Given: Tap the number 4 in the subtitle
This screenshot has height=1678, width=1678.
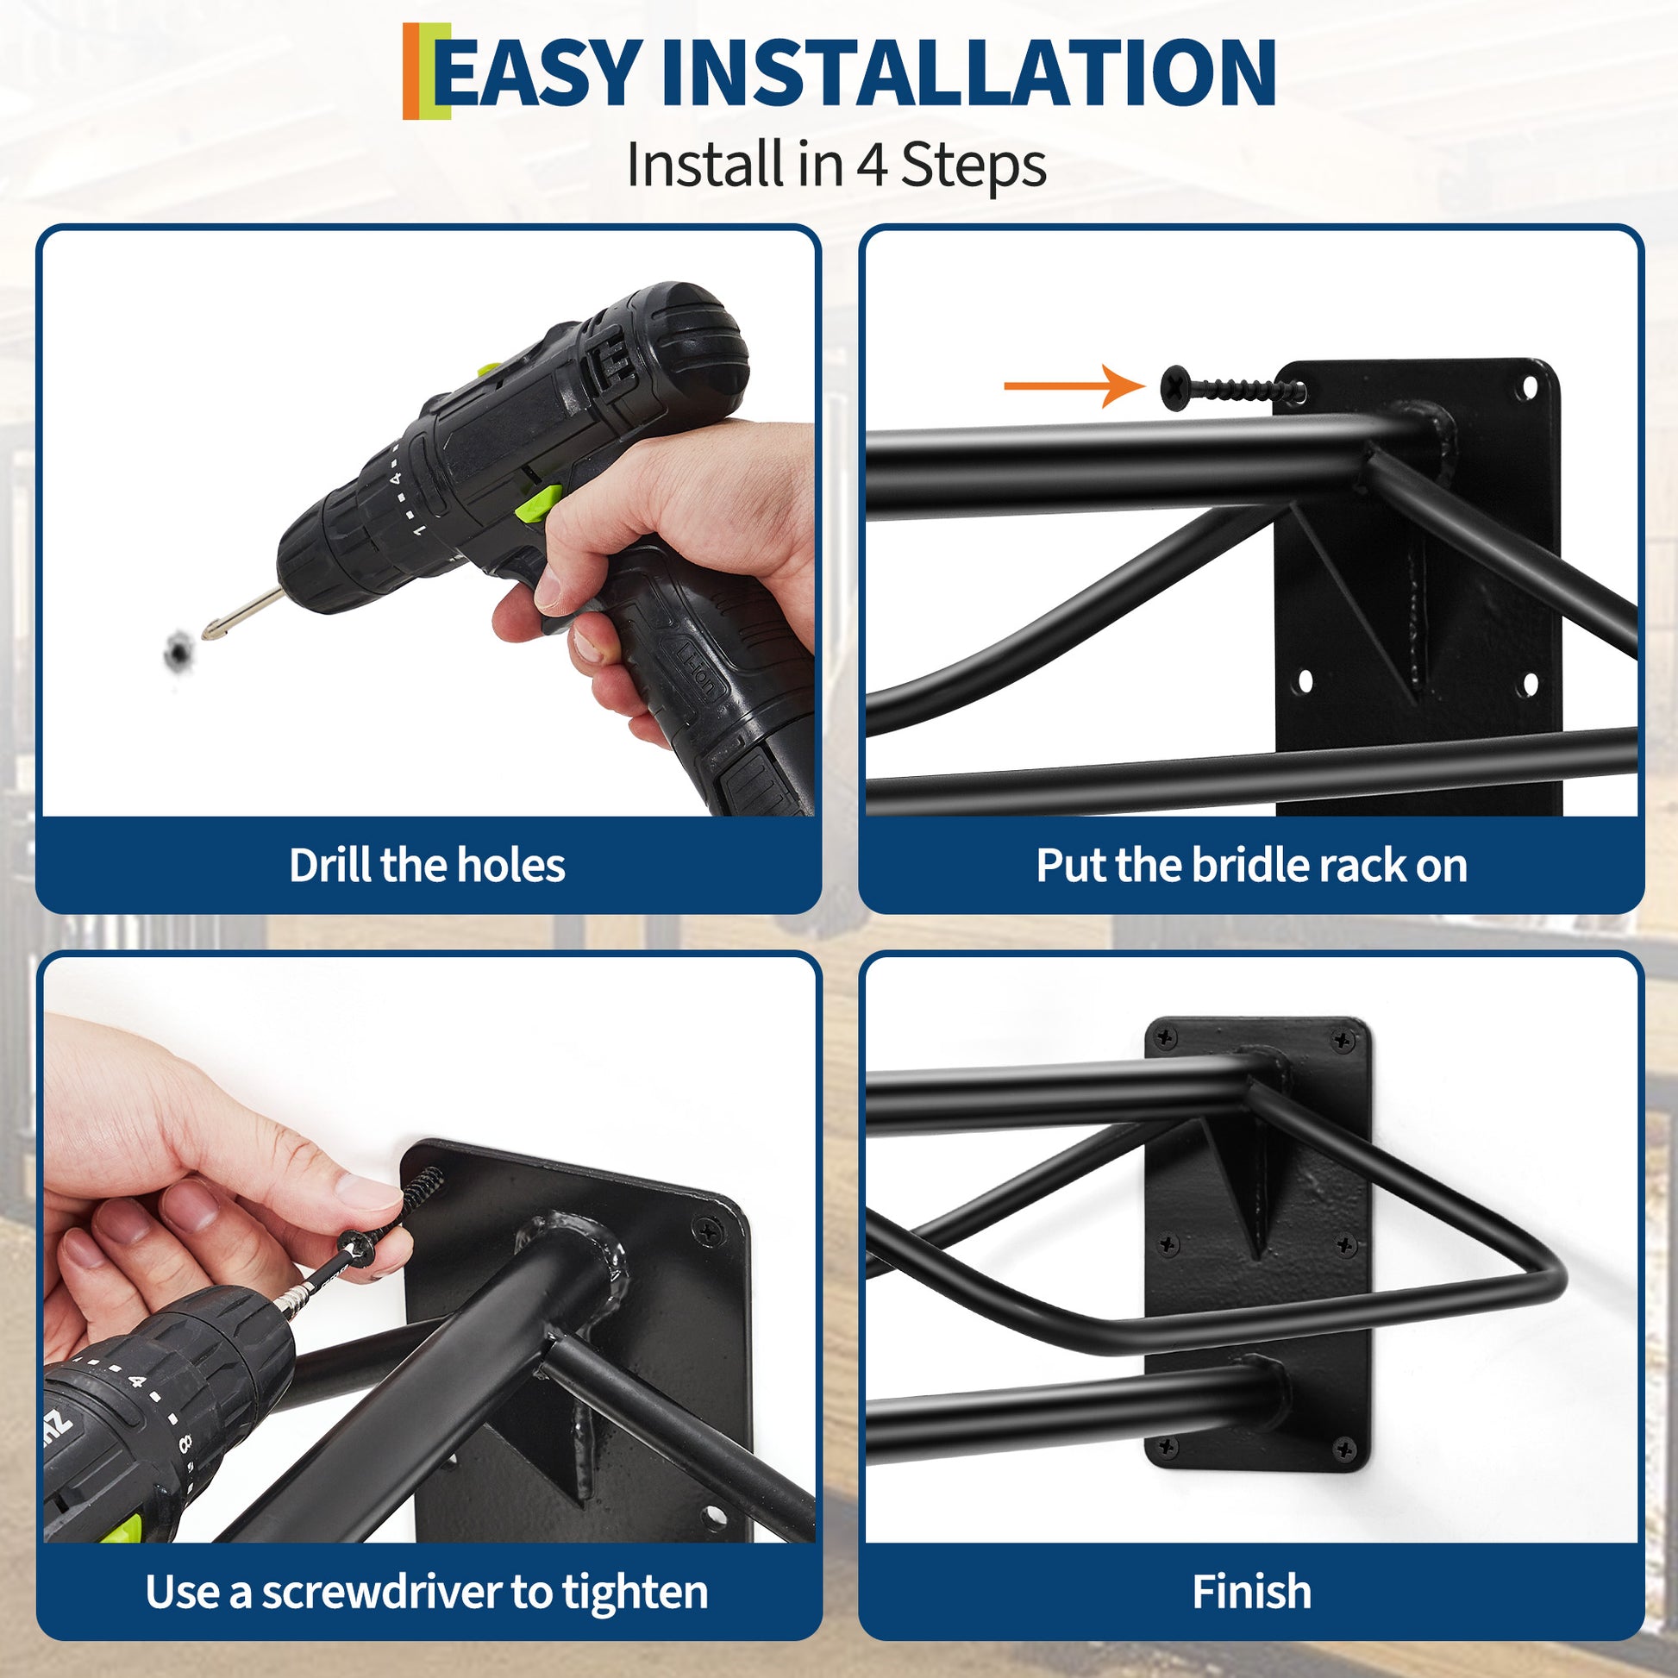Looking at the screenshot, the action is click(872, 164).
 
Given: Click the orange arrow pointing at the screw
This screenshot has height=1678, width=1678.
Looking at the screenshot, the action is click(1074, 385).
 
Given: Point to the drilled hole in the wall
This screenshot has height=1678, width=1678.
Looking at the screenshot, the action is click(179, 648).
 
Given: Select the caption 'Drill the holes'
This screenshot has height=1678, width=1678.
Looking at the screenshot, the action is click(427, 865).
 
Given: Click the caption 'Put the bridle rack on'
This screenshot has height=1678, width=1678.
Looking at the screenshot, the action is click(1251, 865).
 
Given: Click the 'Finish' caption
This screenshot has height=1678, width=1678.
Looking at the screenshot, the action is click(1251, 1592).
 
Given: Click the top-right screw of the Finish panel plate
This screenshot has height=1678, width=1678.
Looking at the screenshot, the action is click(1343, 1040).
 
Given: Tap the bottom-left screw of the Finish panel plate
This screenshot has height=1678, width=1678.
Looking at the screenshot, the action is click(1168, 1446).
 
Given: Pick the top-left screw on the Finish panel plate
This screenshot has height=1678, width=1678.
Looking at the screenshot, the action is click(1165, 1036).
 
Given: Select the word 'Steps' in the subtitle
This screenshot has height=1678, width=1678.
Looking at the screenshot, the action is click(974, 164).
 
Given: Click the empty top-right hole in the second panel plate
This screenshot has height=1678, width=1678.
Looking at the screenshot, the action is click(1526, 388).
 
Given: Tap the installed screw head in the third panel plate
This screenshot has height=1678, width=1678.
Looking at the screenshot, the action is click(709, 1230).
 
